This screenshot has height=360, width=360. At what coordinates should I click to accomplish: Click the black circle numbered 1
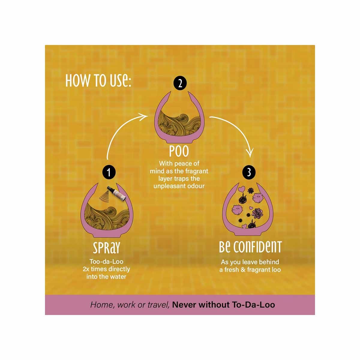(x=109, y=172)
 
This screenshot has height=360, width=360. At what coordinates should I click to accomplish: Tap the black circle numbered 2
(x=180, y=83)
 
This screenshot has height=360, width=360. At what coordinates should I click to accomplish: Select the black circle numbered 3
(x=249, y=172)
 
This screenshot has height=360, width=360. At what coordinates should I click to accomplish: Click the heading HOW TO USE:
(x=98, y=80)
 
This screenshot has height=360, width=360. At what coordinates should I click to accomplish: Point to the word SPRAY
(x=106, y=248)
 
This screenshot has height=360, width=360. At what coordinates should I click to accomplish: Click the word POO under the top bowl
(x=179, y=151)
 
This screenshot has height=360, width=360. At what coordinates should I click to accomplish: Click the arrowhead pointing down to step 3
(x=250, y=152)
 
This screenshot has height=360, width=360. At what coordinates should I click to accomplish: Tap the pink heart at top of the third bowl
(x=241, y=189)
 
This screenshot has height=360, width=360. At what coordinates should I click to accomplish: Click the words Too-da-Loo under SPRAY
(x=106, y=261)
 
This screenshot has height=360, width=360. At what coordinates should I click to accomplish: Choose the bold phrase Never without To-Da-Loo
(x=223, y=305)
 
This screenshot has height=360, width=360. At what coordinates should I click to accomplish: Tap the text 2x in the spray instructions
(x=86, y=269)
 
